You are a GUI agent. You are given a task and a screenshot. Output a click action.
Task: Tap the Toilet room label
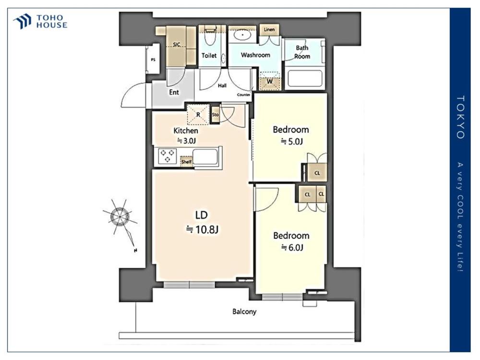pos(209,55)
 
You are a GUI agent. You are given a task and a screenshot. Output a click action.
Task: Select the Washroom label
pos(255,55)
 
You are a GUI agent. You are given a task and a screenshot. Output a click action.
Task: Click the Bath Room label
pos(302,52)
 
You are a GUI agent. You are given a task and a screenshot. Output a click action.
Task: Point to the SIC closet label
pos(176,45)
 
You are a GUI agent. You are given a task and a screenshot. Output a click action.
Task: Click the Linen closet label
pos(269,29)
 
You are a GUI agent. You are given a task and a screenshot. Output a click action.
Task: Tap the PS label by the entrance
pos(153,60)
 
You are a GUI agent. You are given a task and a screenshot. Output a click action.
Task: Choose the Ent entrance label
pos(174,92)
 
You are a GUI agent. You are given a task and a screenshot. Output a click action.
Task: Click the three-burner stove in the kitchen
pos(168,156)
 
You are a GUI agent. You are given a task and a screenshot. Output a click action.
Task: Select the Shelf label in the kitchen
pos(186,162)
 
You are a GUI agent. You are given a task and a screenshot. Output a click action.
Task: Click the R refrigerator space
pos(198,115)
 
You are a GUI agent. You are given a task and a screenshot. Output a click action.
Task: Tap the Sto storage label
pos(215,115)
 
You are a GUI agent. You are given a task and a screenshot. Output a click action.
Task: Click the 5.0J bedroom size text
pos(292,142)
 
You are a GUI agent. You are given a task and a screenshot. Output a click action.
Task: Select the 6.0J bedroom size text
pos(292,247)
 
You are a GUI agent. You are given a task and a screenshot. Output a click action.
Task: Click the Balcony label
pos(244,312)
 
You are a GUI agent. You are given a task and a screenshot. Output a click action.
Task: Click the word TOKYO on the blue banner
pos(460,117)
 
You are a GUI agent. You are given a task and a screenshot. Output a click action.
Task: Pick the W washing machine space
pos(269,81)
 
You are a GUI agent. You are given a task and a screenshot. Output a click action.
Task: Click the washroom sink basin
pos(243,35)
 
